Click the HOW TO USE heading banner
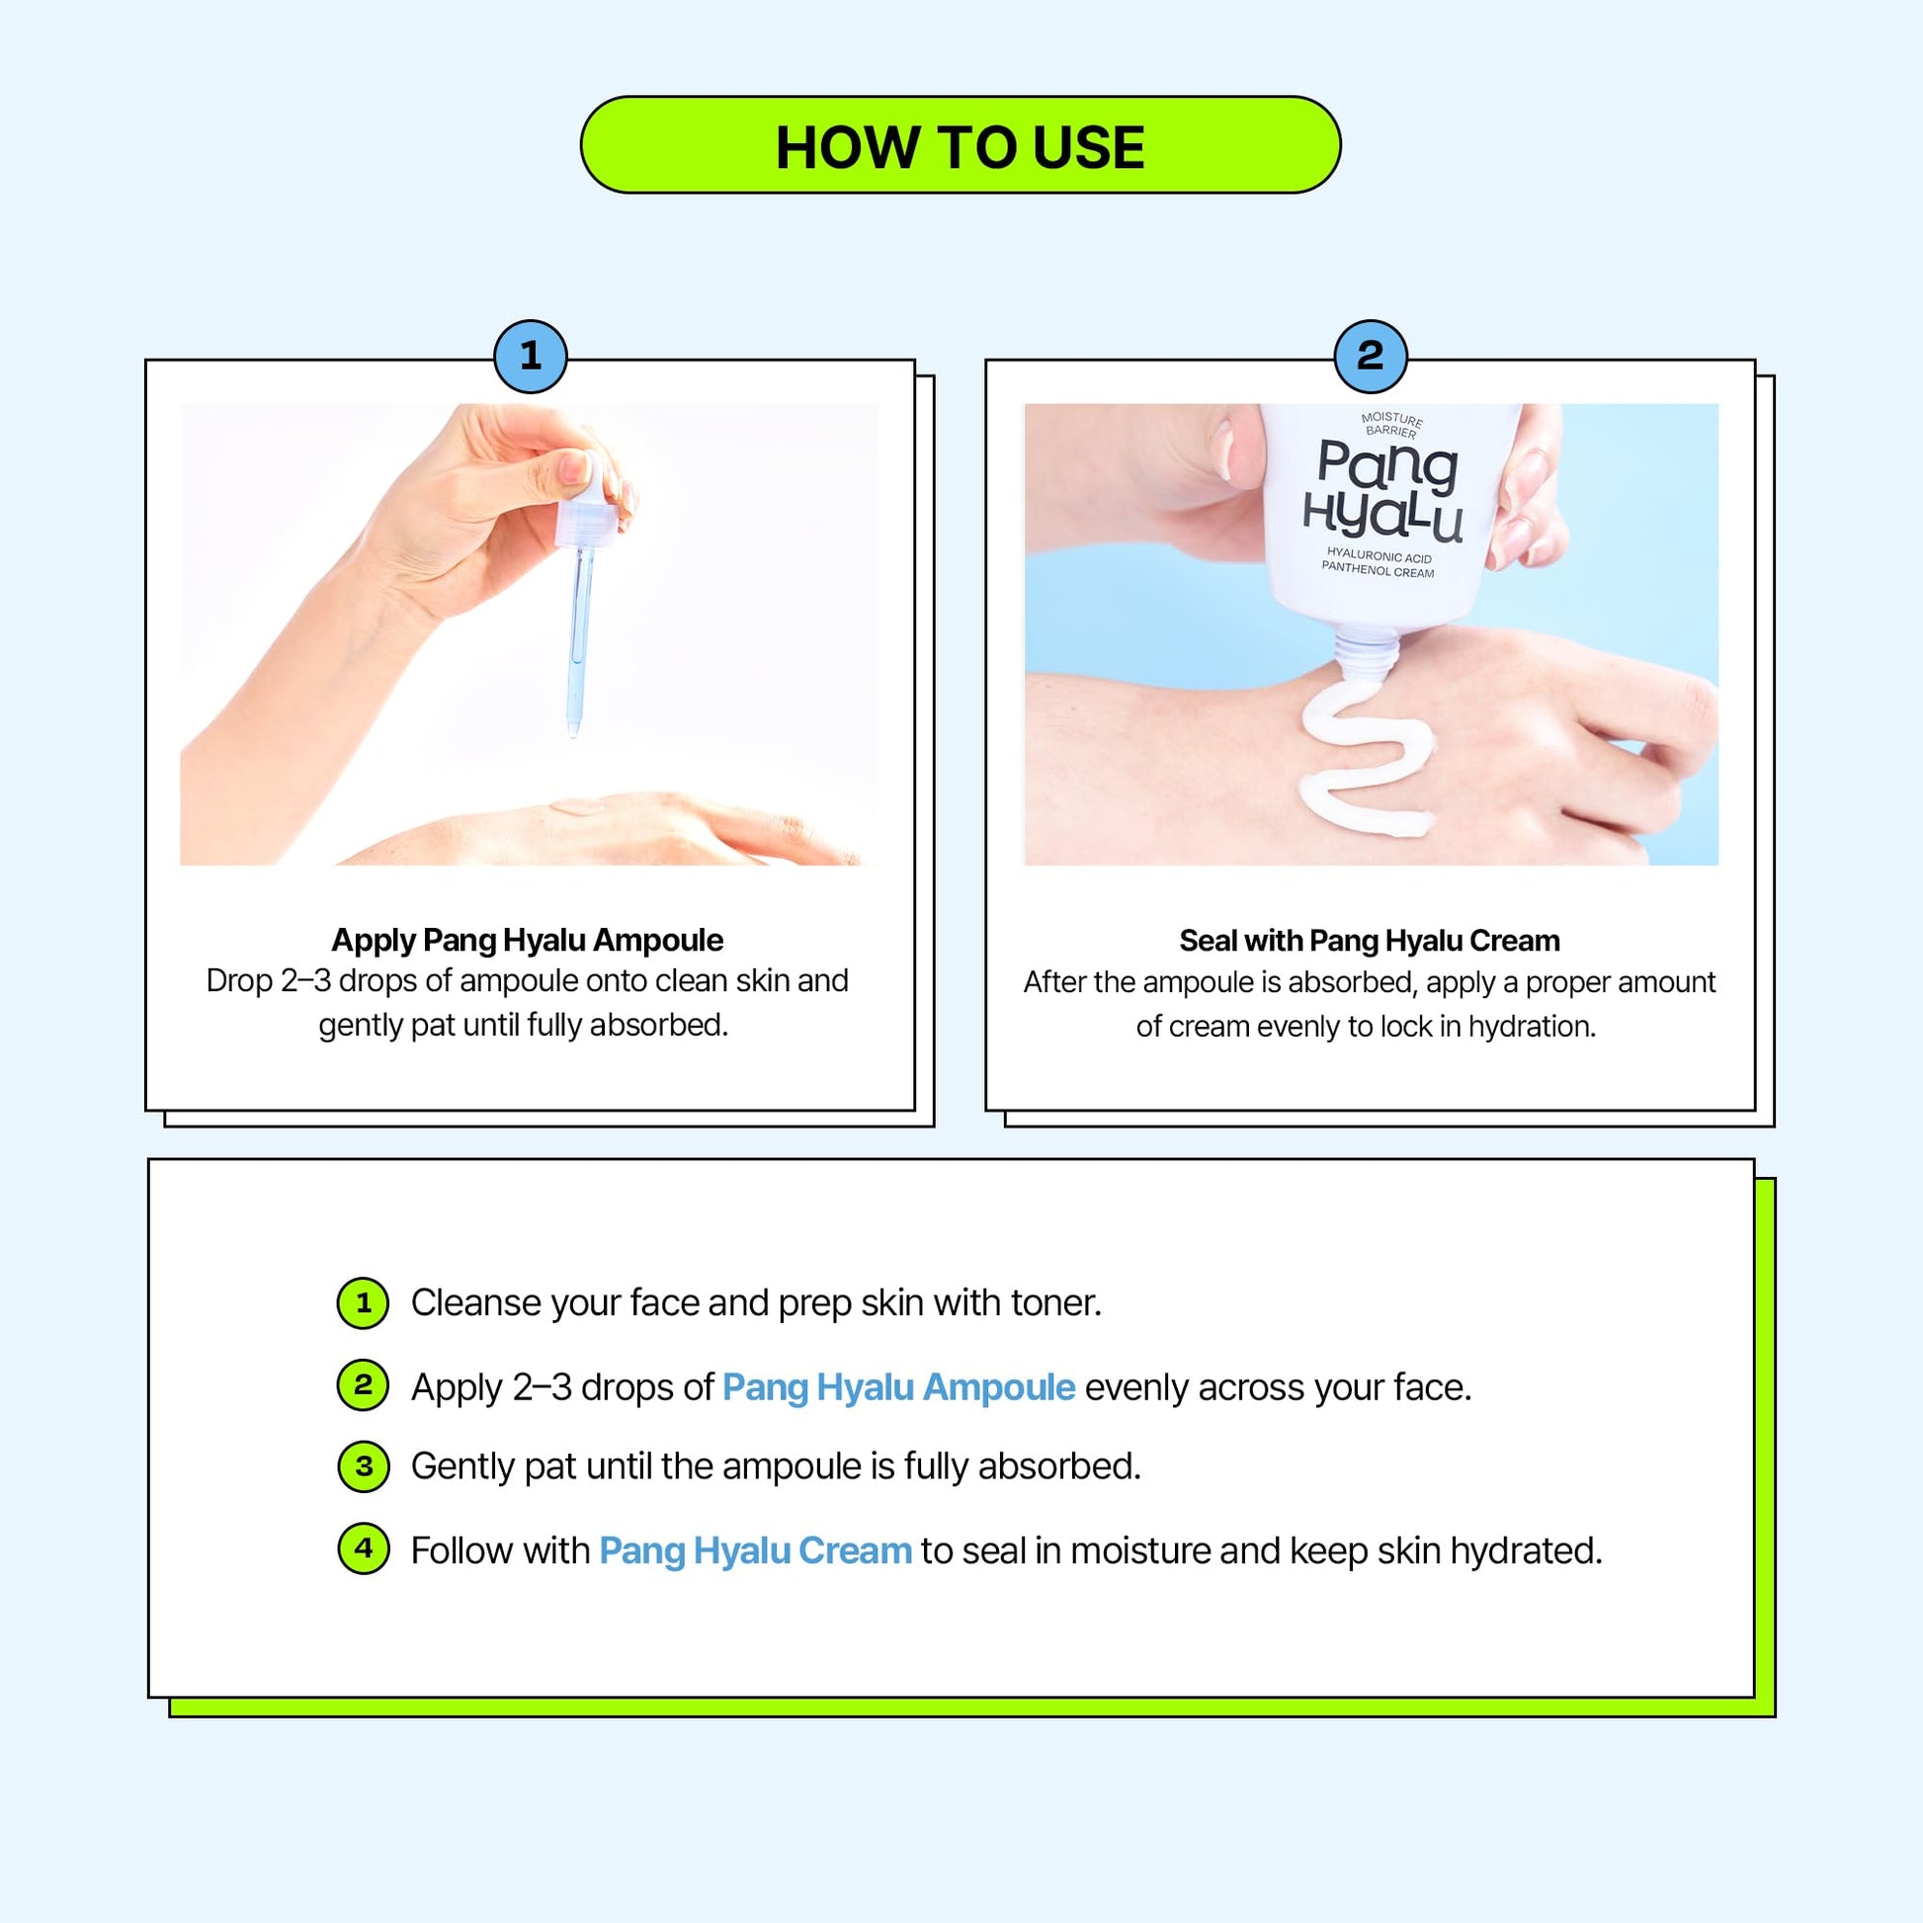pyautogui.click(x=961, y=145)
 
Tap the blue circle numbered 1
pyautogui.click(x=531, y=357)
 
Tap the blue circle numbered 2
pyautogui.click(x=1371, y=357)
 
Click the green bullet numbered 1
pyautogui.click(x=364, y=1302)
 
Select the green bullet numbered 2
pyautogui.click(x=364, y=1384)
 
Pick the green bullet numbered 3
pyautogui.click(x=364, y=1466)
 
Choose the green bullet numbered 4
pyautogui.click(x=364, y=1548)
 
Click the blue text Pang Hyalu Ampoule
pyautogui.click(x=899, y=1387)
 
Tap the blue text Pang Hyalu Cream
pyautogui.click(x=755, y=1550)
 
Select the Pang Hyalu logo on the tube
pyautogui.click(x=1384, y=491)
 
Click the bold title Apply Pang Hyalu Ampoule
pyautogui.click(x=528, y=940)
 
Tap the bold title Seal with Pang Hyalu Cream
pyautogui.click(x=1370, y=941)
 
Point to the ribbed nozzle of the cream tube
pyautogui.click(x=1365, y=656)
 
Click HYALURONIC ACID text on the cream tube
pyautogui.click(x=1380, y=555)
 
